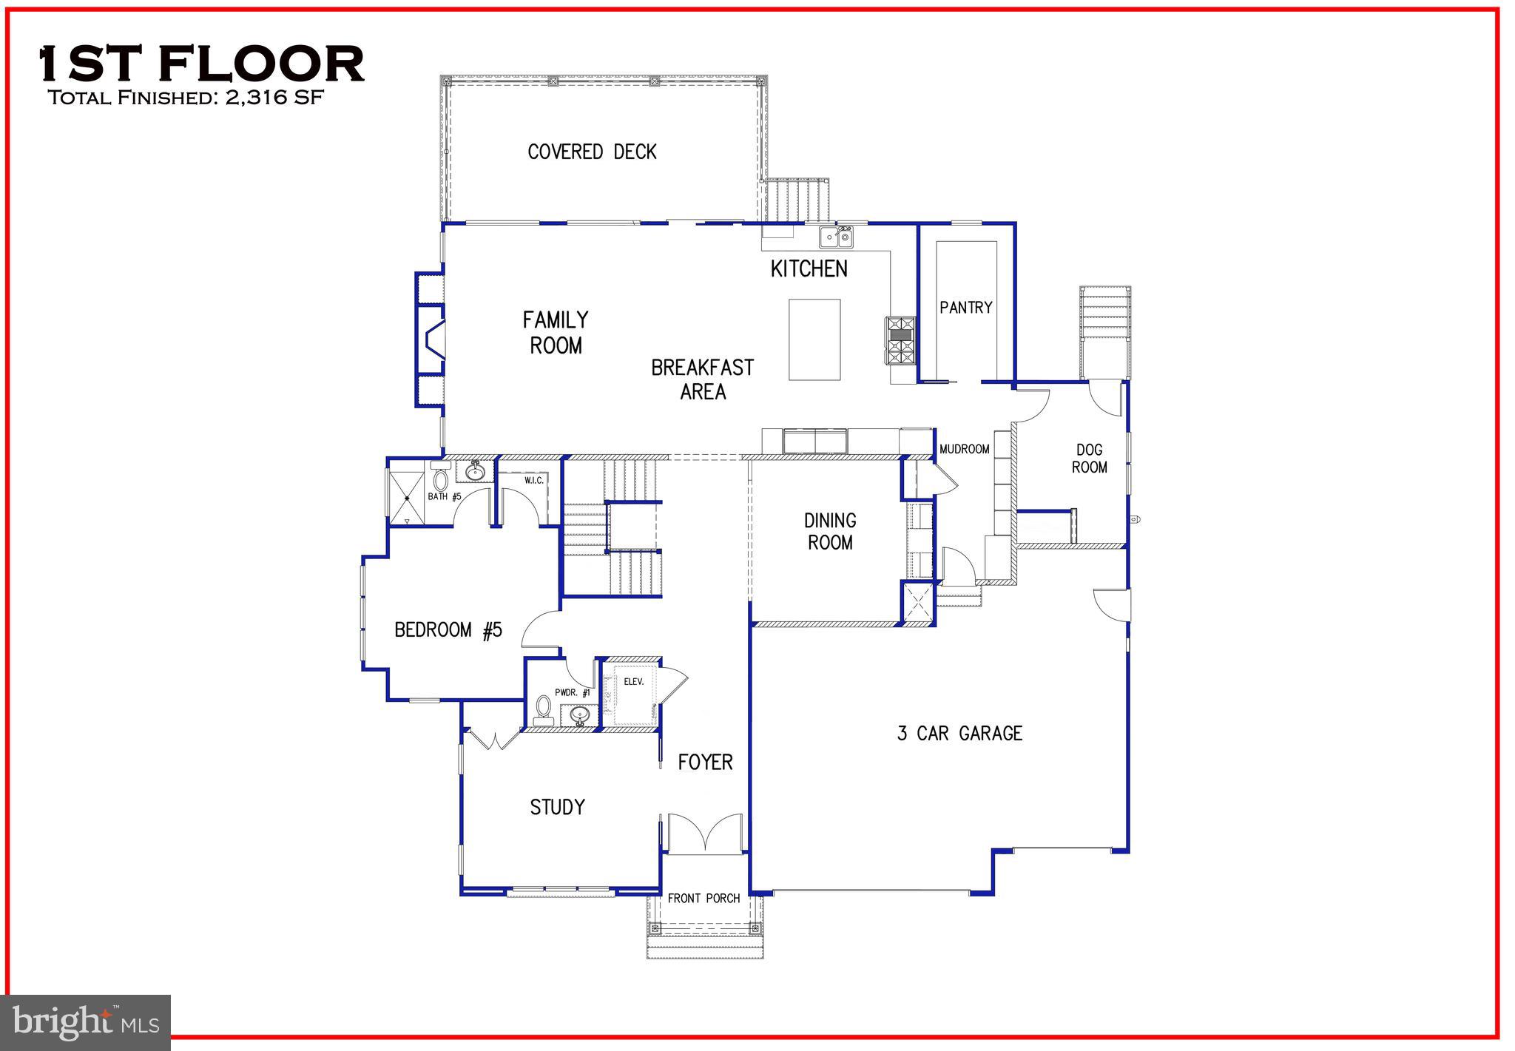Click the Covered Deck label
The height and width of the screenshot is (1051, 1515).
click(592, 152)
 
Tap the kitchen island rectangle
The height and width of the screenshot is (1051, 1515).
click(814, 339)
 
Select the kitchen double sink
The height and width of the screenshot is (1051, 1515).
click(836, 237)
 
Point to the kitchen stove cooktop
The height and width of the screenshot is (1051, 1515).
click(902, 340)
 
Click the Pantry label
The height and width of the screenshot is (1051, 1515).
click(965, 307)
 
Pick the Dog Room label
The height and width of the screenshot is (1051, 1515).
click(1089, 459)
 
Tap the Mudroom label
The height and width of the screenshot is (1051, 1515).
click(964, 449)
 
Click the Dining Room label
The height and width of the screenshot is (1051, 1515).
click(830, 531)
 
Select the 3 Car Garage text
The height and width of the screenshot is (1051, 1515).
click(959, 733)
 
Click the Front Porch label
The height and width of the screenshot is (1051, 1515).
click(703, 898)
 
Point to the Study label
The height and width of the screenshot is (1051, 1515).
click(557, 807)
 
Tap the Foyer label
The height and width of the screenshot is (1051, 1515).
click(705, 762)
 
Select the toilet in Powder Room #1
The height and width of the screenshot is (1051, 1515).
click(544, 708)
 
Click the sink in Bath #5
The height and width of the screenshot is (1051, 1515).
click(475, 470)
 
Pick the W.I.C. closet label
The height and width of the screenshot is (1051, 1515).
click(533, 481)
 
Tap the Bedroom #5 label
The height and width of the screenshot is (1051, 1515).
click(448, 630)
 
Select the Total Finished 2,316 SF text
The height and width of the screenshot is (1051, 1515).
click(186, 98)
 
